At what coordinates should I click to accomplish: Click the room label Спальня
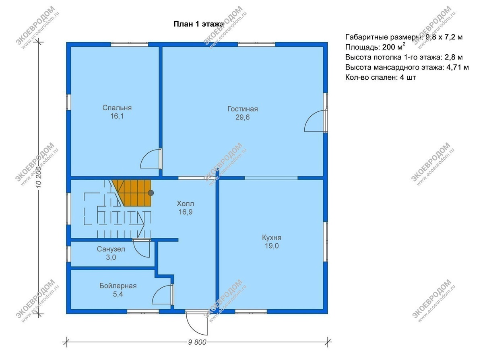coord(117,108)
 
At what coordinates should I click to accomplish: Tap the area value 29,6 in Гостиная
coord(242,117)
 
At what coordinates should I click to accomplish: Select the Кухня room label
coord(272,237)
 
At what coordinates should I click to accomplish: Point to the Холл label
coord(185,204)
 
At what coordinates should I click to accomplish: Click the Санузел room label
coord(111,249)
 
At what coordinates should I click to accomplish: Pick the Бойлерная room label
coord(118,286)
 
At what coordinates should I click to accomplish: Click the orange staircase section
coord(134,193)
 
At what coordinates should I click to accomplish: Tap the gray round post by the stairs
coord(151,193)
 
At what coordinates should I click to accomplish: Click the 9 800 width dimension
coord(197,342)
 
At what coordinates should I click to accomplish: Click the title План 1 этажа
coord(199,24)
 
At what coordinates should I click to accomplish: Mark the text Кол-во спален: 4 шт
coord(380,77)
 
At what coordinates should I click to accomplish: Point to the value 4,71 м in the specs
coord(458,67)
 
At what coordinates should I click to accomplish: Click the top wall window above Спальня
coord(129,45)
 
